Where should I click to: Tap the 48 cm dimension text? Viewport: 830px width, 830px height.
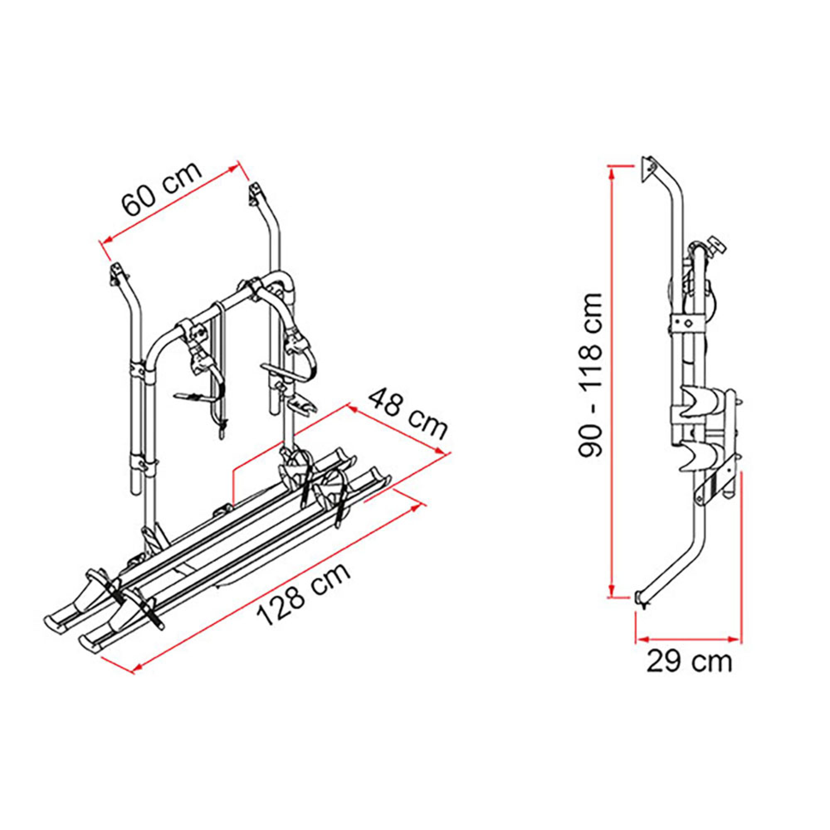click(408, 413)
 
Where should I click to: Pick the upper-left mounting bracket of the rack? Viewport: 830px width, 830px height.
click(117, 273)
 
